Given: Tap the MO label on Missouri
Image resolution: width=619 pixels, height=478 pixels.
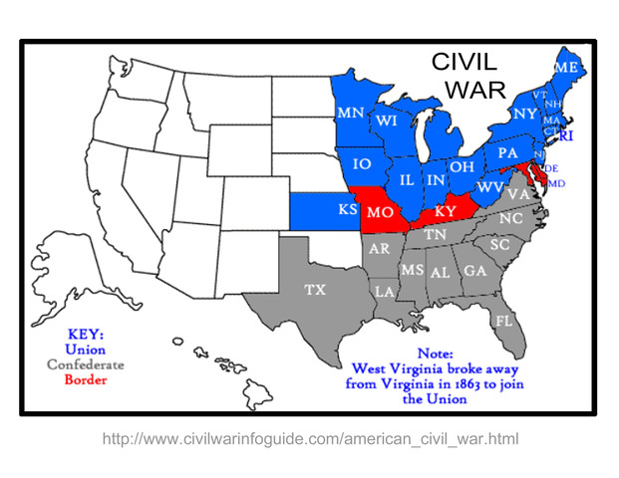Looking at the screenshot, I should [380, 212].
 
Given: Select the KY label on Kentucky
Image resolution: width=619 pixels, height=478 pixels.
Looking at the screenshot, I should [445, 211].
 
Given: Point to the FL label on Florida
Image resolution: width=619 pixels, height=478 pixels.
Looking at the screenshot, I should [503, 321].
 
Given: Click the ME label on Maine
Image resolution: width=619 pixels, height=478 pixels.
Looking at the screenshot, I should [567, 67].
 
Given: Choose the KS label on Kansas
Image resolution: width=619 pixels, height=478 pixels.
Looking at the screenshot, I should [348, 210].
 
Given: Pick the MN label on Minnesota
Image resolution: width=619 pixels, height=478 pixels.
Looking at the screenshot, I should [350, 113].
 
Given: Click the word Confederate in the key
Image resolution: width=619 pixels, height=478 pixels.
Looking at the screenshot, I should [86, 364].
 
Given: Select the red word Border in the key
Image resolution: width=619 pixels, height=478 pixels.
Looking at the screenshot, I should [86, 378].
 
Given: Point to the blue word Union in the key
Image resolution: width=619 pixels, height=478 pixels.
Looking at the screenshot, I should [86, 350].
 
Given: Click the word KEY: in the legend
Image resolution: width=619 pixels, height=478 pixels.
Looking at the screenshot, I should [86, 335].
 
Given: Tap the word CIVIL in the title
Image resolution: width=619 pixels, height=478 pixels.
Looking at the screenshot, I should [464, 62].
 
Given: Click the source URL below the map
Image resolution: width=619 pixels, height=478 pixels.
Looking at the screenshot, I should [310, 438].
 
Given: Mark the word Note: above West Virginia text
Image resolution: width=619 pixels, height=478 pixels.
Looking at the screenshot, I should [435, 353].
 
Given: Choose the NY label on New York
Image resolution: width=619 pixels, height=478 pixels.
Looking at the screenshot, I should [525, 115].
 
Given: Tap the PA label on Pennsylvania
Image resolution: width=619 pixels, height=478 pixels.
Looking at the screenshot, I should [507, 153].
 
